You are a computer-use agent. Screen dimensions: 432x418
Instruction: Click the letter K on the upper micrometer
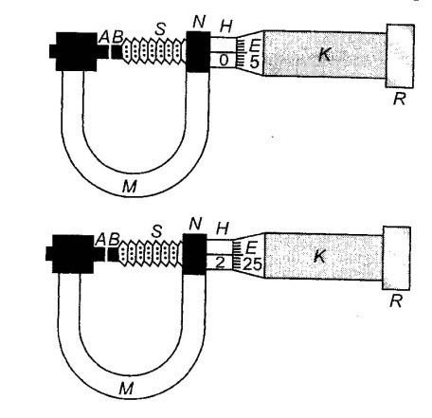(324, 54)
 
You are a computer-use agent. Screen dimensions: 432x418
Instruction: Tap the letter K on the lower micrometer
(320, 256)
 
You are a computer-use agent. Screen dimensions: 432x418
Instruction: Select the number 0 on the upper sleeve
(224, 60)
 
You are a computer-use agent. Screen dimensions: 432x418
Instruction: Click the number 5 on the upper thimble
(254, 62)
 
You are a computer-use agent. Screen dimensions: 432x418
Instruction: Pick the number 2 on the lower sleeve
(220, 263)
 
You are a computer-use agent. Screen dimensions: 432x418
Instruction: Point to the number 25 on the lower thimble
(253, 264)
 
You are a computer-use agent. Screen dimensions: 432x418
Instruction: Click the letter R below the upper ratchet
(399, 99)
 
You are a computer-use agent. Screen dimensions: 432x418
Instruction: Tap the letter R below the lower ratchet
(396, 301)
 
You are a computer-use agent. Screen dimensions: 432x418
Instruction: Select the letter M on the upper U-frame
(130, 187)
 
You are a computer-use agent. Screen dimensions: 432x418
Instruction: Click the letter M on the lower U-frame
(126, 389)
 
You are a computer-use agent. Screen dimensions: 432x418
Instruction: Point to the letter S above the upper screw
(160, 29)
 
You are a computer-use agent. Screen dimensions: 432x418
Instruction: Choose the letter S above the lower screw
(156, 231)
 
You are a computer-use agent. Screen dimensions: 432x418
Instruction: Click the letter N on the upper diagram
(199, 22)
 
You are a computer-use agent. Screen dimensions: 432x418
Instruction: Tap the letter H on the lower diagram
(223, 228)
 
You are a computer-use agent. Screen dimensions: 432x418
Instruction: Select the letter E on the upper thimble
(254, 46)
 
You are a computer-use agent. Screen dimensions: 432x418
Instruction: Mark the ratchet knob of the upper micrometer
(400, 56)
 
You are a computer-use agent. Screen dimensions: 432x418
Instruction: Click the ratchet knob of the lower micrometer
(396, 258)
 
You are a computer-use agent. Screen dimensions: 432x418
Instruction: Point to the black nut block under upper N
(198, 51)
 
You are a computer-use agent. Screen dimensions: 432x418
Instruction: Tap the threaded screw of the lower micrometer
(151, 253)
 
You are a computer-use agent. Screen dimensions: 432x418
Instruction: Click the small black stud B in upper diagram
(117, 52)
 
